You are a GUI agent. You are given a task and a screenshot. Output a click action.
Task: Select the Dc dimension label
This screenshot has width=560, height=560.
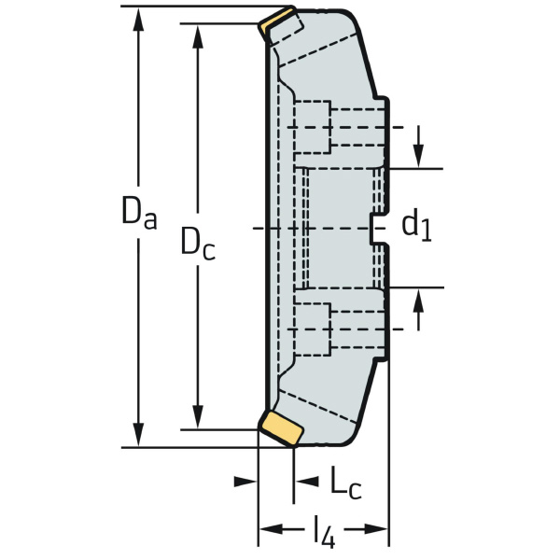point(197,245)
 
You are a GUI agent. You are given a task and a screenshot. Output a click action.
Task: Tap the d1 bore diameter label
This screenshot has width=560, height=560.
point(416,225)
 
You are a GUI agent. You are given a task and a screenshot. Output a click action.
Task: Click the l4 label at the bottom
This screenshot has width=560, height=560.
point(323,533)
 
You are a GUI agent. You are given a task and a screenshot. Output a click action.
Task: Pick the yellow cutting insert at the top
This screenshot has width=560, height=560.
point(278,21)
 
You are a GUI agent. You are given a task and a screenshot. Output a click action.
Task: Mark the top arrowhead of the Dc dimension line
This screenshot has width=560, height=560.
point(197,35)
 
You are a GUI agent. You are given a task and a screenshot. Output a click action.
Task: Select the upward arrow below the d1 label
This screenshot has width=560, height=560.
point(418,300)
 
